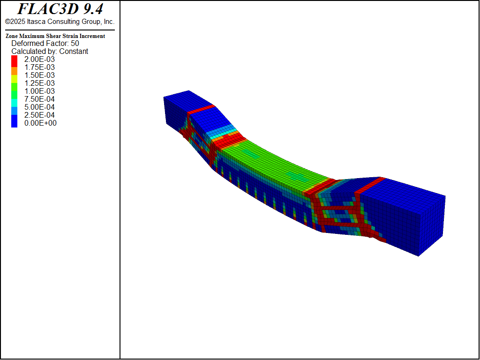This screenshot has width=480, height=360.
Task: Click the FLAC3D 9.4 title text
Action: point(60,9)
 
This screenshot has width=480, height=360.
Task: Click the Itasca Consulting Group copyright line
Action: point(60,22)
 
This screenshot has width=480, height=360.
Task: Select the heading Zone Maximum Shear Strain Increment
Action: point(55,36)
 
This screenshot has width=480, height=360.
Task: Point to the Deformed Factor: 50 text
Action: point(45,44)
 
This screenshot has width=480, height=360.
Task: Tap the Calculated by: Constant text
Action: point(50,52)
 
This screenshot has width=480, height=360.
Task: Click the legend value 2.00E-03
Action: point(39,60)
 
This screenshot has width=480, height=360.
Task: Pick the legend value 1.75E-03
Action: point(39,67)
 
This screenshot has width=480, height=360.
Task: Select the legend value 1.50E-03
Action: point(39,75)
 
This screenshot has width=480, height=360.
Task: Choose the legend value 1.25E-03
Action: point(39,83)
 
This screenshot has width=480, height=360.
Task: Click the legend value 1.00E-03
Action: point(39,91)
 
